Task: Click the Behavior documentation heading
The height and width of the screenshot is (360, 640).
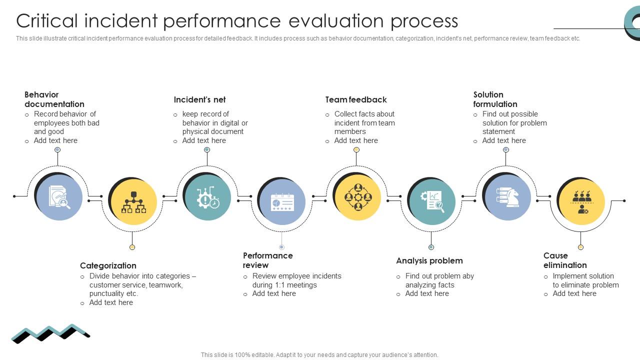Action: (54, 99)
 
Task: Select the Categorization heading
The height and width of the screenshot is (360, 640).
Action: (108, 265)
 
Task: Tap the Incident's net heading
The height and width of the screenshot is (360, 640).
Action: (199, 99)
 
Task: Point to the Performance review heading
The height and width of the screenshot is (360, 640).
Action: (267, 260)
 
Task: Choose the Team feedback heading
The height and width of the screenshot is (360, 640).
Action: (356, 99)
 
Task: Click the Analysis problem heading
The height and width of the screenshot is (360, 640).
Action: (429, 260)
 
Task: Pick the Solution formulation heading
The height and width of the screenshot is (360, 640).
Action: (495, 99)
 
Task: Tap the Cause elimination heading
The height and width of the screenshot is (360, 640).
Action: (565, 260)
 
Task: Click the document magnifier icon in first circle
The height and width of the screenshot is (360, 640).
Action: (59, 196)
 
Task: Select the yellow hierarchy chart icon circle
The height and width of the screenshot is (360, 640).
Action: (133, 202)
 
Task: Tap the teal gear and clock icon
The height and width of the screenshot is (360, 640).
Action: (207, 197)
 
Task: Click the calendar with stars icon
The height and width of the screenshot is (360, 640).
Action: (282, 202)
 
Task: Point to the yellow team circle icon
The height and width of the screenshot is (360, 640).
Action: (357, 197)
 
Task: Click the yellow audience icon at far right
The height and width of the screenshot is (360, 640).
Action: (581, 202)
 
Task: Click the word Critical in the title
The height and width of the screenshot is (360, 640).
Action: (47, 21)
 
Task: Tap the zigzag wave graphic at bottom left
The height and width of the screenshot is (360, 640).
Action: (50, 333)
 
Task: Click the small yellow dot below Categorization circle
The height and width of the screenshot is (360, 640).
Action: (132, 247)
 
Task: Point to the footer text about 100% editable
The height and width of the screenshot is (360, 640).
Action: (319, 355)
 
